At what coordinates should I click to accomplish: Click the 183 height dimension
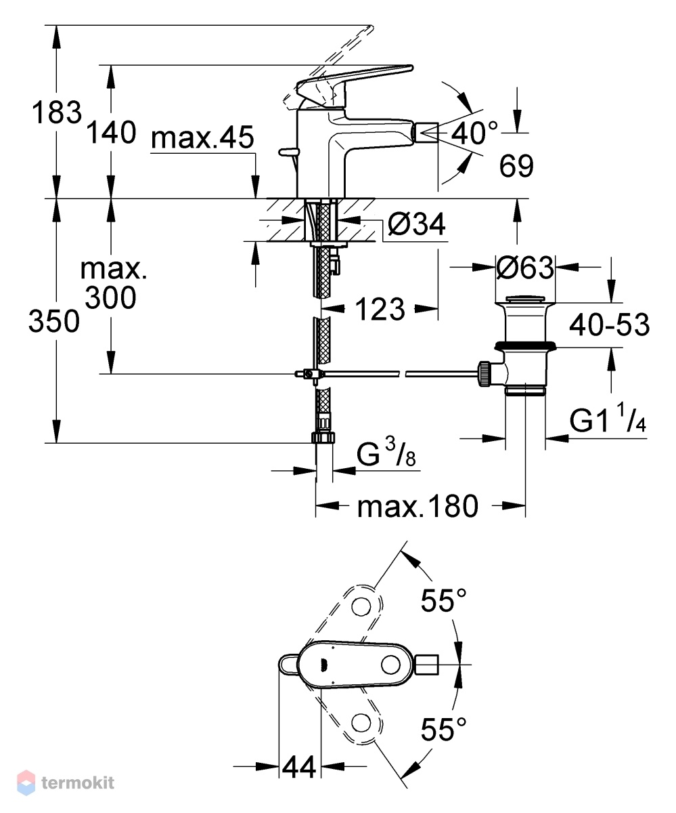coord(57,112)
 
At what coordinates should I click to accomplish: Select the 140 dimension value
coord(111,132)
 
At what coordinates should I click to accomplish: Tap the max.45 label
coord(202,137)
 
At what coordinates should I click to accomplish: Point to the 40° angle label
coord(474,133)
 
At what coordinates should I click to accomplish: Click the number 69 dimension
coord(516,166)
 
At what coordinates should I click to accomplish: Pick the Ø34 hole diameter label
coord(417,225)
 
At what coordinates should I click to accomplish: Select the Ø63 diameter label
coord(525,268)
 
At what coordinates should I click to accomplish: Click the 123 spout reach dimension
coord(380,309)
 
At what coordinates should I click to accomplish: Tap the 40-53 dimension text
coord(610,324)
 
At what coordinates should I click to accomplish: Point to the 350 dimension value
coord(54,321)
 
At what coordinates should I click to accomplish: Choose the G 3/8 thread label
coord(386,452)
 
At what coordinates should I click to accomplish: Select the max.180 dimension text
coord(418,506)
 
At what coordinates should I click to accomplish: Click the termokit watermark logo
coord(66,782)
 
